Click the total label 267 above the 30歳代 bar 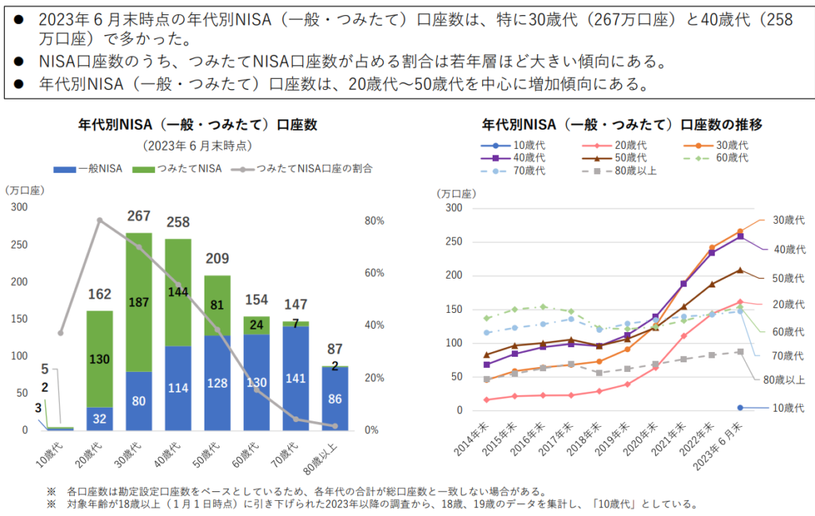[139, 217]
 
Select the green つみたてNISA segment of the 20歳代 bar [99, 358]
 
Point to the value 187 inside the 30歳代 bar [139, 303]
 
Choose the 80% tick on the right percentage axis [375, 221]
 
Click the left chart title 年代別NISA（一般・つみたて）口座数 [197, 124]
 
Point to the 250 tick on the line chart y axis [453, 241]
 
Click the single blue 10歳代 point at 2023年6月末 [740, 408]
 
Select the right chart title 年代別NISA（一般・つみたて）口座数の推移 [622, 124]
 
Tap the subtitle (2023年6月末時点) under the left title [197, 146]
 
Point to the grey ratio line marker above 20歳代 [99, 221]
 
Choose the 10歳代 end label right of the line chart [788, 408]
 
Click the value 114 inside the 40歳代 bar [178, 388]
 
